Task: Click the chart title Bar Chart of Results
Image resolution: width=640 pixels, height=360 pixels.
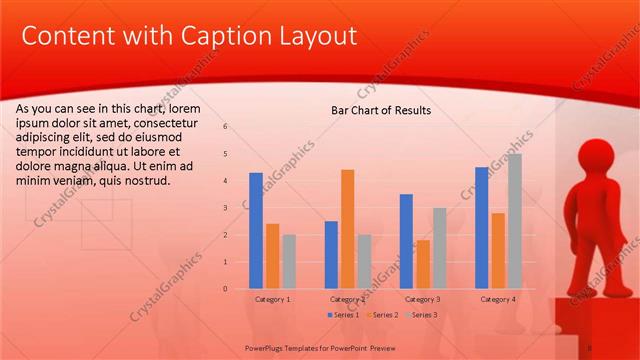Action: click(x=381, y=110)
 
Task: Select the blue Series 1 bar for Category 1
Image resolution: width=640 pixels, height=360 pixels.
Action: click(x=256, y=231)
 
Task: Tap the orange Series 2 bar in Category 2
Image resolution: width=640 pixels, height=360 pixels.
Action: click(x=347, y=229)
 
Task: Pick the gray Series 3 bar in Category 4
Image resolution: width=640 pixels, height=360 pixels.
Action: click(x=515, y=221)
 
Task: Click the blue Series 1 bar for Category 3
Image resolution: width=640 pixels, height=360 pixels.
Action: click(x=406, y=241)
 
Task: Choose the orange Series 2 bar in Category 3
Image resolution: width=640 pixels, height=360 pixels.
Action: click(x=422, y=264)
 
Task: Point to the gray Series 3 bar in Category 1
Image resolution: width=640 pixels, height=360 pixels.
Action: click(x=289, y=262)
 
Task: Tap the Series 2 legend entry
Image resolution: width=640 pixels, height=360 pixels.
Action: click(x=383, y=315)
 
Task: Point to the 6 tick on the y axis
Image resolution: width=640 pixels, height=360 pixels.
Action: click(x=225, y=127)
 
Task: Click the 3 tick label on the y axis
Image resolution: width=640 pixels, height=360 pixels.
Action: click(x=225, y=208)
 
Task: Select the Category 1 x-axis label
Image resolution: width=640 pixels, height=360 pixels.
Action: click(x=273, y=299)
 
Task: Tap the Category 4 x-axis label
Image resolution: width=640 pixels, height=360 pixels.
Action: click(x=498, y=299)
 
